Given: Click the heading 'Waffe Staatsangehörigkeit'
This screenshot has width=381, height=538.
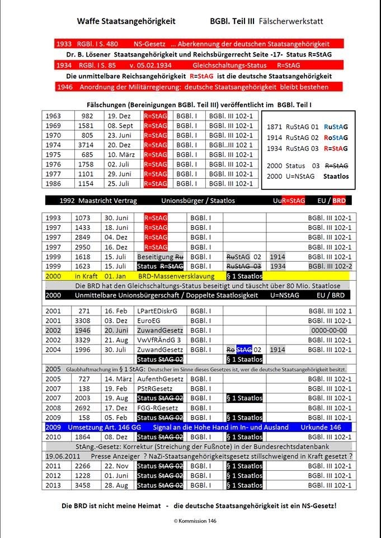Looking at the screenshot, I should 126,21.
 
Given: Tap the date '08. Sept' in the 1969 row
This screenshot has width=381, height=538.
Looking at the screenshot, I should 120,126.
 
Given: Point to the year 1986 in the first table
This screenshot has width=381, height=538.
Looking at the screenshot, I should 54,183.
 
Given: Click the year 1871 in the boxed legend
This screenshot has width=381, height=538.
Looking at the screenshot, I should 275,127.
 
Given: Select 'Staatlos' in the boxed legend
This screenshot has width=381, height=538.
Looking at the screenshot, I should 336,176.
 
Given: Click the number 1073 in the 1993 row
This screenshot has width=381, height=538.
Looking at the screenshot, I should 84,218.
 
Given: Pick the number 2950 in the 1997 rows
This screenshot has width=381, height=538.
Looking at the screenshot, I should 84,247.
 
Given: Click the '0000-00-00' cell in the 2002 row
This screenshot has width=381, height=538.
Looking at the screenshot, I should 331,331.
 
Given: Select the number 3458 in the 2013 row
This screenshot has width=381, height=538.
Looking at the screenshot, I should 84,485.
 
